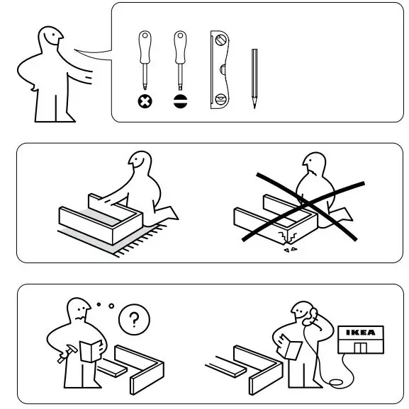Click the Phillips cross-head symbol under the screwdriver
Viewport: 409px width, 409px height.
[146, 100]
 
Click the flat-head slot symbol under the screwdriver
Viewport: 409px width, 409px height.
[180, 100]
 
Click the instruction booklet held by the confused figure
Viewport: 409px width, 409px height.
[89, 351]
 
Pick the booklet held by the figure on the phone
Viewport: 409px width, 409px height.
[288, 345]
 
